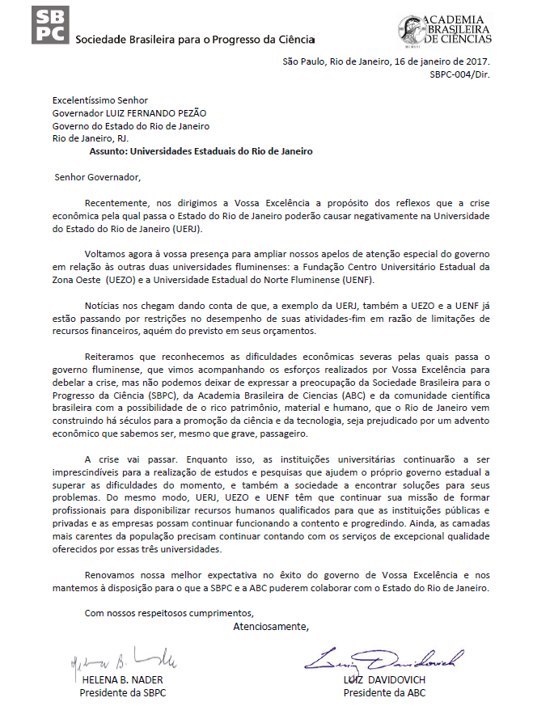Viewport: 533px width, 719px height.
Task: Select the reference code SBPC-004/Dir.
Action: [x=459, y=74]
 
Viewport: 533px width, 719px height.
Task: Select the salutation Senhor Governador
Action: [x=97, y=177]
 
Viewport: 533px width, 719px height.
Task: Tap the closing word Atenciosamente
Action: [x=271, y=626]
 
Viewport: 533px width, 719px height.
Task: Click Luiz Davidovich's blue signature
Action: [x=384, y=661]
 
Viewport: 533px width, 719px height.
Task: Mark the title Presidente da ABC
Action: [x=384, y=693]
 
